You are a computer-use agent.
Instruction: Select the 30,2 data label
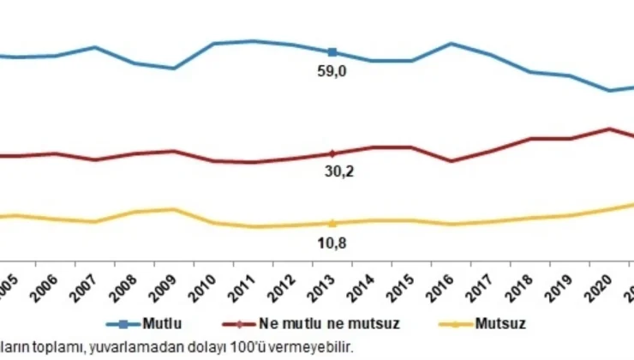coord(332,171)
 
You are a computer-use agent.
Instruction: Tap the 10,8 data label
coord(332,243)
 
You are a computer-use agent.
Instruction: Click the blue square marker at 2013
coord(332,52)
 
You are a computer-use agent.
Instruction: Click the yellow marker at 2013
coord(332,223)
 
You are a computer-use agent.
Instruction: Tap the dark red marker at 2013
coord(332,153)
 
